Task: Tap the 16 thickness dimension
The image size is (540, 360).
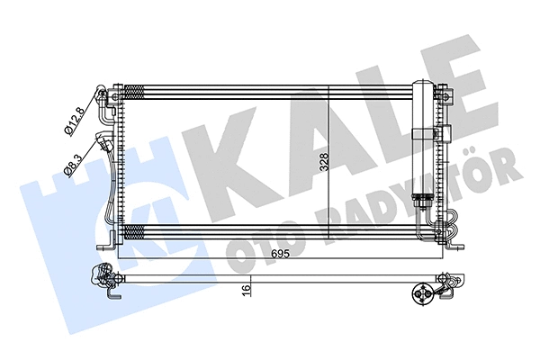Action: click(x=247, y=291)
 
